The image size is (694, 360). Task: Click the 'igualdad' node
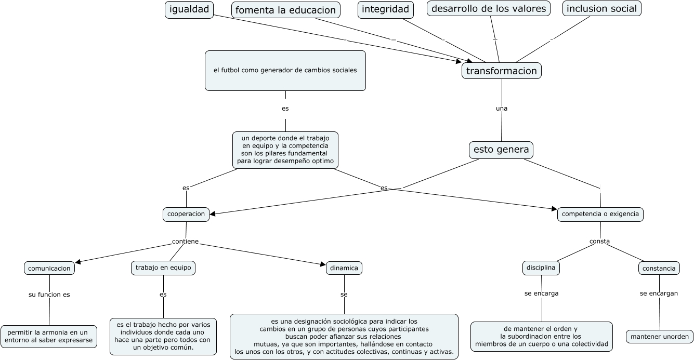[x=189, y=9]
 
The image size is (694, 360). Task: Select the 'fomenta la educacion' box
[x=286, y=10]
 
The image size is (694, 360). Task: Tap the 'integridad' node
[x=386, y=9]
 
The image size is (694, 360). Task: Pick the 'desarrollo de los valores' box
[x=489, y=8]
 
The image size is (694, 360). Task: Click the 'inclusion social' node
[x=601, y=8]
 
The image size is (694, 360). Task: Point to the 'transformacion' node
[x=502, y=71]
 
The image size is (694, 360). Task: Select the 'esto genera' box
[x=501, y=150]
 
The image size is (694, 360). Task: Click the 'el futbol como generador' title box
[x=285, y=71]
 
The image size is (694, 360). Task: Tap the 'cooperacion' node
[x=186, y=214]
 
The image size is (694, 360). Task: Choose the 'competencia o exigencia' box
[x=600, y=214]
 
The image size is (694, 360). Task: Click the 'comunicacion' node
[x=49, y=268]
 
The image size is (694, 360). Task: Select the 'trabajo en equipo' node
[x=163, y=268]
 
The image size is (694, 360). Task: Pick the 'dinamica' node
[x=344, y=268]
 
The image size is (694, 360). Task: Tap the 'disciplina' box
[x=541, y=268]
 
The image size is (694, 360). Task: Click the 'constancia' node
[x=659, y=268]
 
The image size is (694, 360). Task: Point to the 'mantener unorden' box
[x=659, y=337]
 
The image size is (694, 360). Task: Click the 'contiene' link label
[x=186, y=242]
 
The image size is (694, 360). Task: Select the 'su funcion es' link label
[x=49, y=295]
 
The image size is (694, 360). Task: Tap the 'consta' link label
[x=599, y=241]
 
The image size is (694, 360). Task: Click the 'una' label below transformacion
[x=502, y=109]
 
